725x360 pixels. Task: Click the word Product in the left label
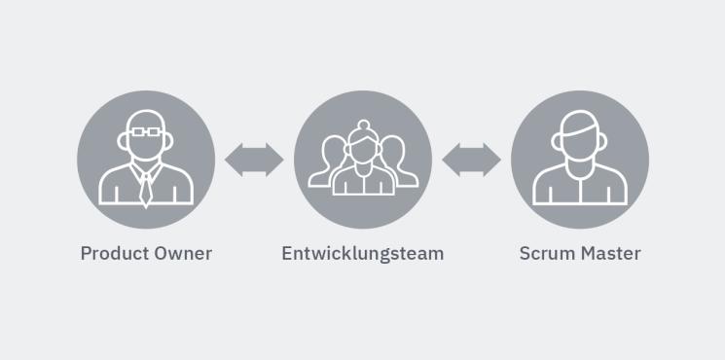111,254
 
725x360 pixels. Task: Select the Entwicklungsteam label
362,254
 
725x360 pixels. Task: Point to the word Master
610,254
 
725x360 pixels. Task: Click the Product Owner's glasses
146,129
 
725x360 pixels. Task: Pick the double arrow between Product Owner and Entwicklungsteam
254,159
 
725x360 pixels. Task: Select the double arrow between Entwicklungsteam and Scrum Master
471,159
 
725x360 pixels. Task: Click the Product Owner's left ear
122,141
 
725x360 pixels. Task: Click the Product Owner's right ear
170,141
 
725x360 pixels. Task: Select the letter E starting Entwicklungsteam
287,254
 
